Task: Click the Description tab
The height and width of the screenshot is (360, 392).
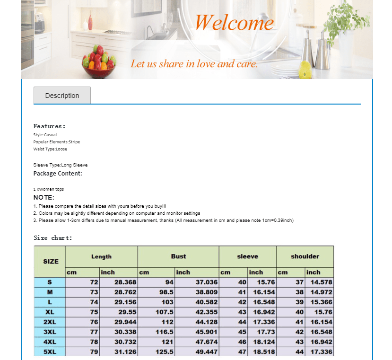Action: click(x=62, y=96)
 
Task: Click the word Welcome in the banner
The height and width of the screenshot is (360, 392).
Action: click(x=234, y=22)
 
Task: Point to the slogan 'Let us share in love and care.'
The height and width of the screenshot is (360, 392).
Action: click(x=194, y=63)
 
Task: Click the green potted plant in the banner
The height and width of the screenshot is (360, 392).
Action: click(x=345, y=21)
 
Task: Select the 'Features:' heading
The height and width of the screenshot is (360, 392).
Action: click(x=49, y=126)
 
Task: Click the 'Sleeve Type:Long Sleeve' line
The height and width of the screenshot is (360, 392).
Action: click(x=61, y=165)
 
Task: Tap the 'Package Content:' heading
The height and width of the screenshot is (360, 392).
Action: click(x=58, y=174)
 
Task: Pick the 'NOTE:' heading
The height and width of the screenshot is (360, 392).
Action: click(x=44, y=197)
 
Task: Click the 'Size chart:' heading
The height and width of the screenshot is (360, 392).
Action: click(x=53, y=238)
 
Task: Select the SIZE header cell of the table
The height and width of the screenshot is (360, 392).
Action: click(x=51, y=261)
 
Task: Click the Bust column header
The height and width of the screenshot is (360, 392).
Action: click(x=178, y=256)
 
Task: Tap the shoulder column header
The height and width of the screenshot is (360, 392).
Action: click(x=305, y=256)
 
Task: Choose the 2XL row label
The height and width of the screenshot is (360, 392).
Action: click(x=50, y=322)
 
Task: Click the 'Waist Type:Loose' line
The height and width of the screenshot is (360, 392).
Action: click(x=50, y=149)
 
